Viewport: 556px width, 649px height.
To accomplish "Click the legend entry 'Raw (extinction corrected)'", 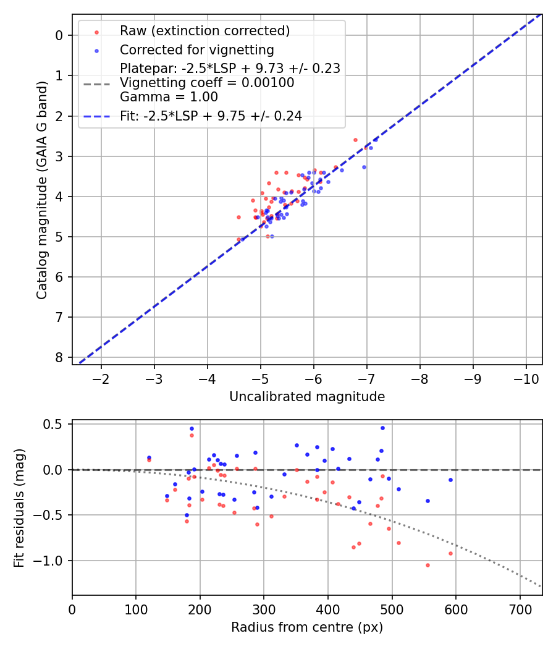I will tap(204, 31).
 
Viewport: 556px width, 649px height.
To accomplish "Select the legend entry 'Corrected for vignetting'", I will tap(196, 49).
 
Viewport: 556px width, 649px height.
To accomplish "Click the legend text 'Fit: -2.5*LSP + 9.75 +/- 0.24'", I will tap(211, 116).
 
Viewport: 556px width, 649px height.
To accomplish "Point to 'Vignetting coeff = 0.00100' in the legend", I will tap(207, 83).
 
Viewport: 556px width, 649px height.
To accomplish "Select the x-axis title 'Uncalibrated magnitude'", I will tap(307, 397).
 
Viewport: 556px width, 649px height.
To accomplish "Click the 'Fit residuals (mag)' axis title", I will tap(19, 507).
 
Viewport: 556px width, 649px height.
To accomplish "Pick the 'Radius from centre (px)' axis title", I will tap(307, 627).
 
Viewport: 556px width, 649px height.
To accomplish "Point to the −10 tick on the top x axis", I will tap(526, 378).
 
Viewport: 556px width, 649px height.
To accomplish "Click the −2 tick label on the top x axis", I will tap(101, 378).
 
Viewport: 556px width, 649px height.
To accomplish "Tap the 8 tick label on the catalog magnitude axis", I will tap(59, 358).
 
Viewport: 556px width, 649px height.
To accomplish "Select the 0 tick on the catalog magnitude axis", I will tap(59, 35).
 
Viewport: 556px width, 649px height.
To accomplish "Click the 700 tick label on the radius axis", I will tap(520, 609).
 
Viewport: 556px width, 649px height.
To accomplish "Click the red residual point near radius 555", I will tap(427, 565).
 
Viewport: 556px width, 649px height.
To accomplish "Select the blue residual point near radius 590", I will tap(450, 480).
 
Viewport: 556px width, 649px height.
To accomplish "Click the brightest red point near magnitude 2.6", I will tap(355, 140).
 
